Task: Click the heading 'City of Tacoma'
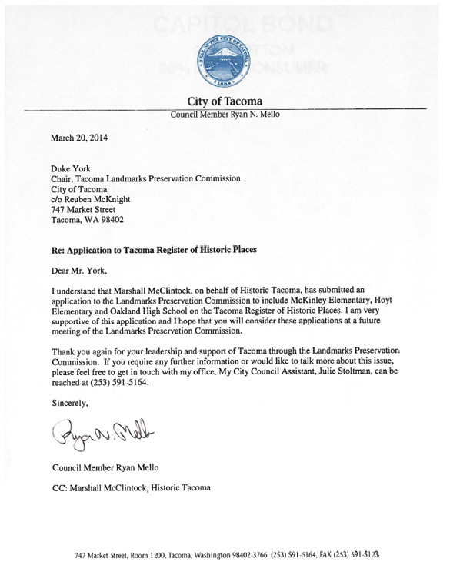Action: tap(225, 101)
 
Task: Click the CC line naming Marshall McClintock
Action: tap(129, 488)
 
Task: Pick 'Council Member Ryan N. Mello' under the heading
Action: tap(225, 115)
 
